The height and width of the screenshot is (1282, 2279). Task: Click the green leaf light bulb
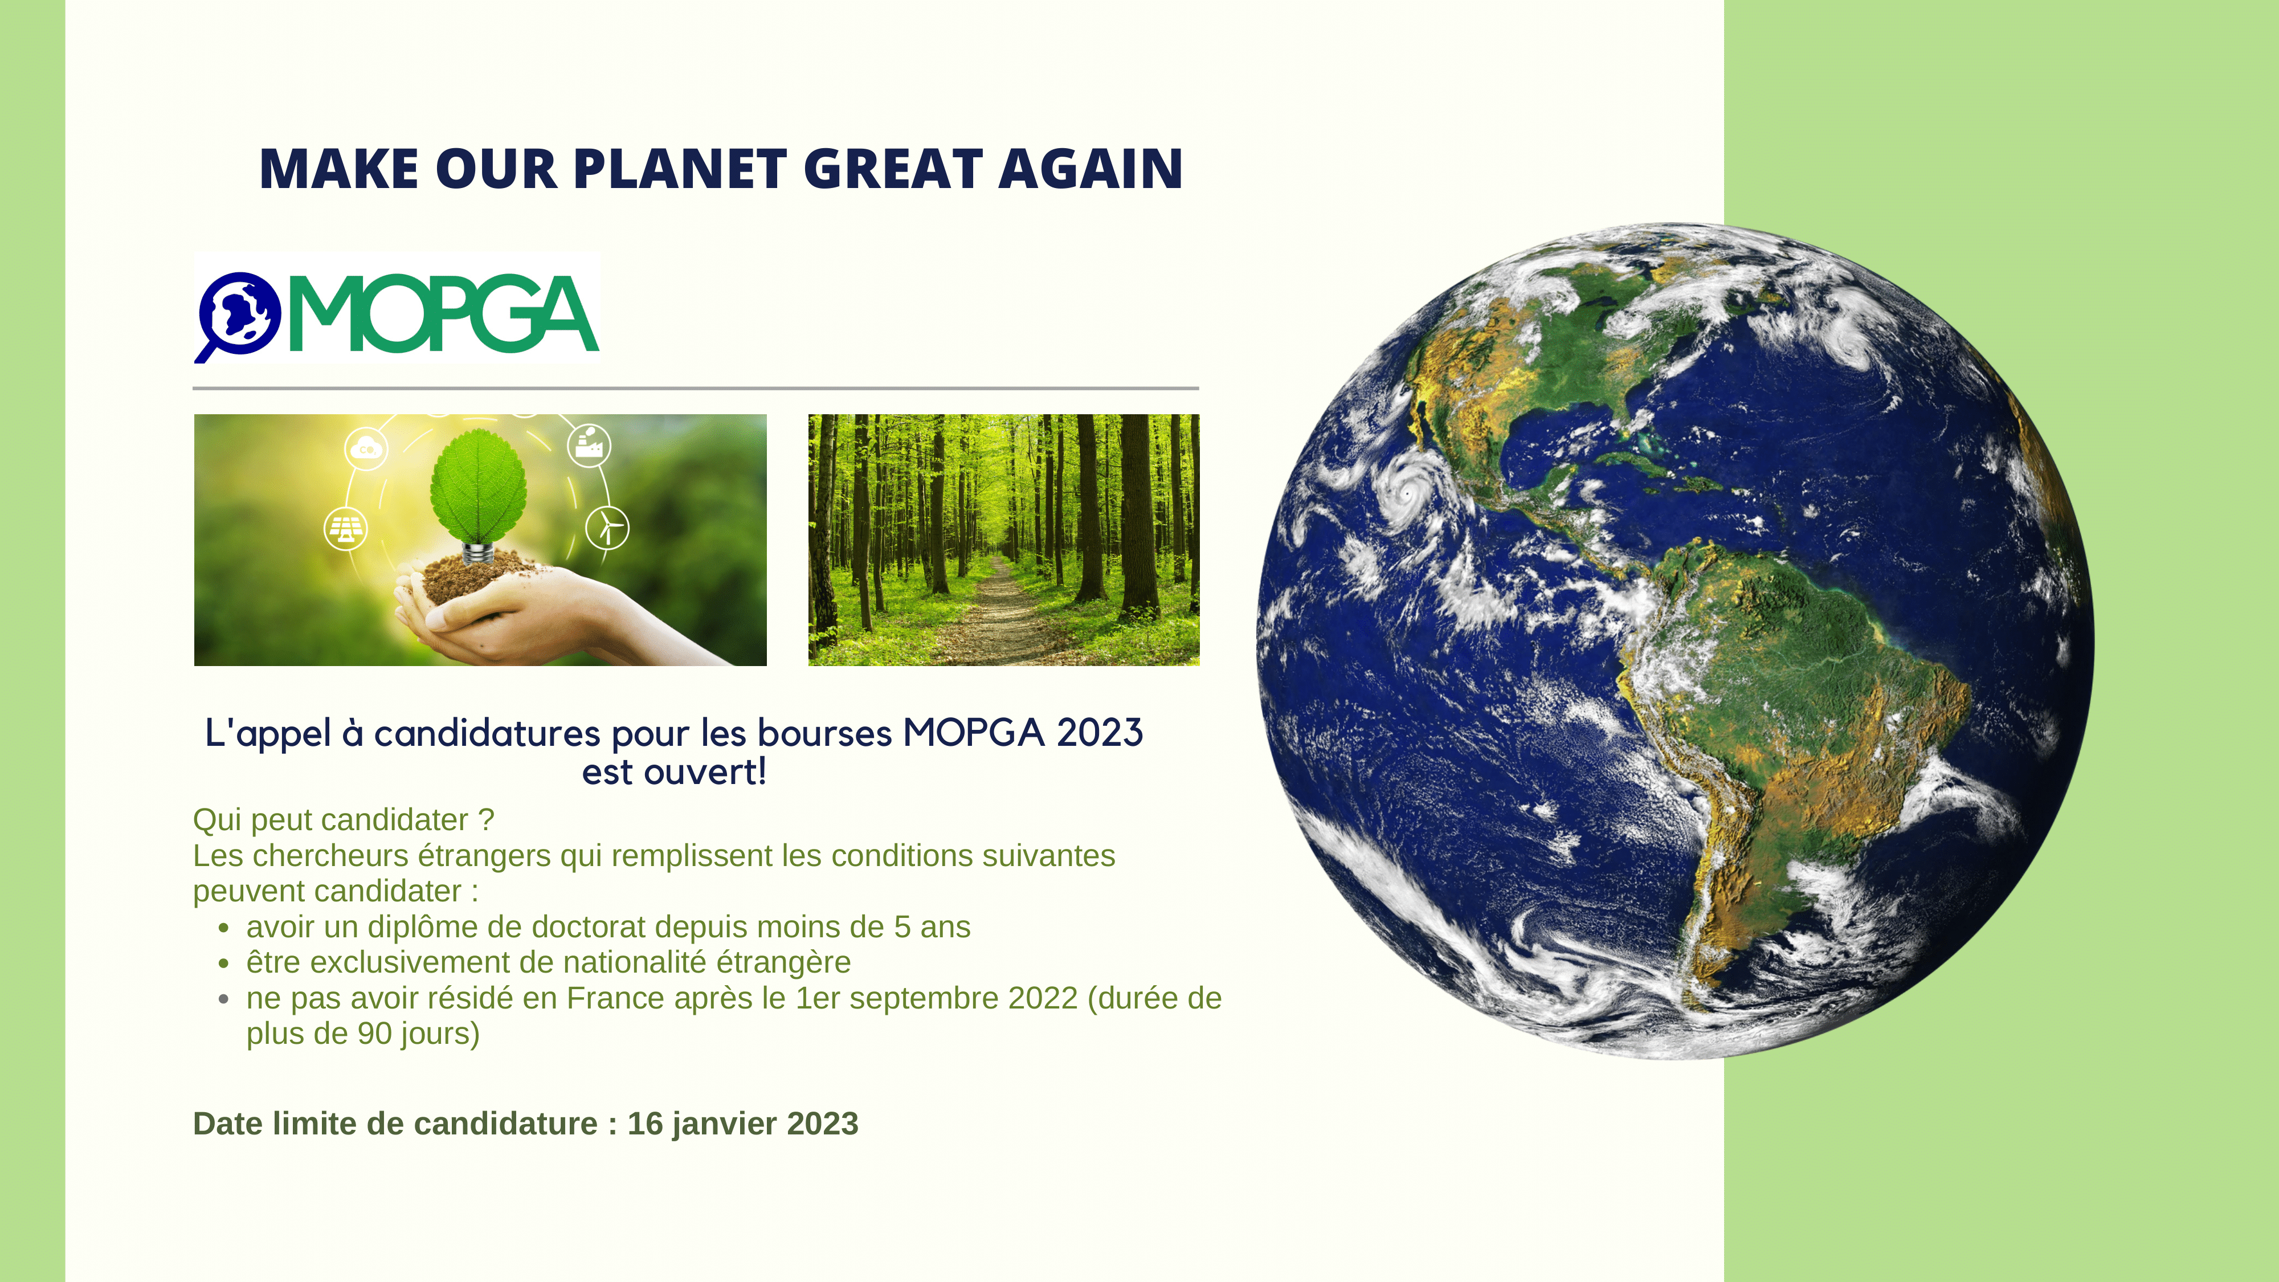(x=478, y=496)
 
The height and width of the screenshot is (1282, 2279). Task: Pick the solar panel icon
(x=346, y=528)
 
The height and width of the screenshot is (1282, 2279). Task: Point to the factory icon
(x=589, y=440)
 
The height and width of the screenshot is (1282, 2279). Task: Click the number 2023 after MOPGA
(x=1100, y=733)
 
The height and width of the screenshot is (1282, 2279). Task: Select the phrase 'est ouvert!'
(x=674, y=771)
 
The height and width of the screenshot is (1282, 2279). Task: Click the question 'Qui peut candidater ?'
(x=343, y=820)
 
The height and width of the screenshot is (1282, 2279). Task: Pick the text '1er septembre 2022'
(x=937, y=998)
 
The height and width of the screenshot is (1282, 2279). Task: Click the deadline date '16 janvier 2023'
(x=743, y=1124)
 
